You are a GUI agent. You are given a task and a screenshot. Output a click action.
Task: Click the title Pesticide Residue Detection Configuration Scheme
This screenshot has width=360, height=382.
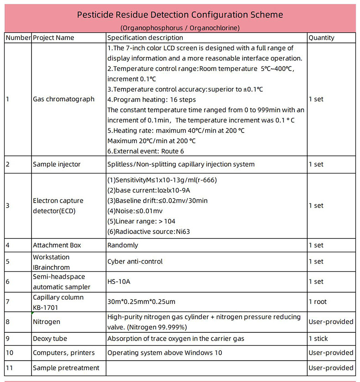(x=180, y=15)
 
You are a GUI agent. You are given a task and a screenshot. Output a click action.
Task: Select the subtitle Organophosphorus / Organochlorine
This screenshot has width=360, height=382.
(x=180, y=28)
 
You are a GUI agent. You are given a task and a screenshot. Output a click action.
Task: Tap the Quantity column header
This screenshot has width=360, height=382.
(x=321, y=38)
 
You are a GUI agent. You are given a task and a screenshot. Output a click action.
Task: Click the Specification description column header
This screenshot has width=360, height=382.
(x=145, y=38)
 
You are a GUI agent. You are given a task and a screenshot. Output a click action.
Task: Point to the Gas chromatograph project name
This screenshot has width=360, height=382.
(x=64, y=99)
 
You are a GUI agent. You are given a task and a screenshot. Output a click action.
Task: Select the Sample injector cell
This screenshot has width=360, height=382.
(x=57, y=164)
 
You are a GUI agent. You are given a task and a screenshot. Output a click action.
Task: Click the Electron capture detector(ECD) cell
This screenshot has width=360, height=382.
(x=58, y=205)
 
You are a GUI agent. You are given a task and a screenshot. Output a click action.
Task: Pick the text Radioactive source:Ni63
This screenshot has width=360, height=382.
(x=149, y=231)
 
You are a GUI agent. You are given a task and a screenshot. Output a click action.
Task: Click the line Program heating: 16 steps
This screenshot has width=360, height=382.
(x=151, y=99)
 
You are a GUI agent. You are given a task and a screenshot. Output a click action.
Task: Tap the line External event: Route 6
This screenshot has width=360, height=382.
(x=145, y=151)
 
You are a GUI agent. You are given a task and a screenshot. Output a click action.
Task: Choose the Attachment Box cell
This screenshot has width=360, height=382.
(x=57, y=245)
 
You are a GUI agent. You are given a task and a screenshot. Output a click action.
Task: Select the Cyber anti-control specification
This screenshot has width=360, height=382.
(x=135, y=261)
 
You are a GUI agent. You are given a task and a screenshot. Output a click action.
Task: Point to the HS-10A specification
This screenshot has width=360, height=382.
(x=119, y=281)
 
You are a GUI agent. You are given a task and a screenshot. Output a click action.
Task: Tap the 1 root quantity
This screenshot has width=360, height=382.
(x=318, y=301)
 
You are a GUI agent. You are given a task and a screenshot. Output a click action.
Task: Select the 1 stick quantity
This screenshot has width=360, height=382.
(x=318, y=339)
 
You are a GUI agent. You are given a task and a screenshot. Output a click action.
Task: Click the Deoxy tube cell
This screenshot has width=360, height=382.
(x=50, y=339)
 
